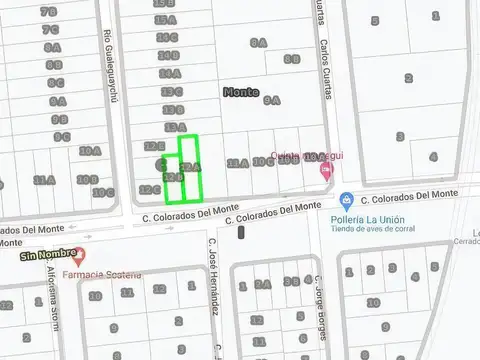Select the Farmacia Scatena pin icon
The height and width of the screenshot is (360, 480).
coord(80,257)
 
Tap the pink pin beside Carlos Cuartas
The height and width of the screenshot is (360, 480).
coord(326,171)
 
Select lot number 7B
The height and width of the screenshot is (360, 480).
coord(49,11)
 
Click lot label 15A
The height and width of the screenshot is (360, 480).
coord(165,19)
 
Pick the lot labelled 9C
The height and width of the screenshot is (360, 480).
coord(61,137)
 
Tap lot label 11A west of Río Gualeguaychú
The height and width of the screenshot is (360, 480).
coord(43,180)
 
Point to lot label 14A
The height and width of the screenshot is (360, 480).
coord(170,73)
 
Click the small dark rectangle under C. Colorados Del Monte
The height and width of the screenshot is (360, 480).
coord(242,233)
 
